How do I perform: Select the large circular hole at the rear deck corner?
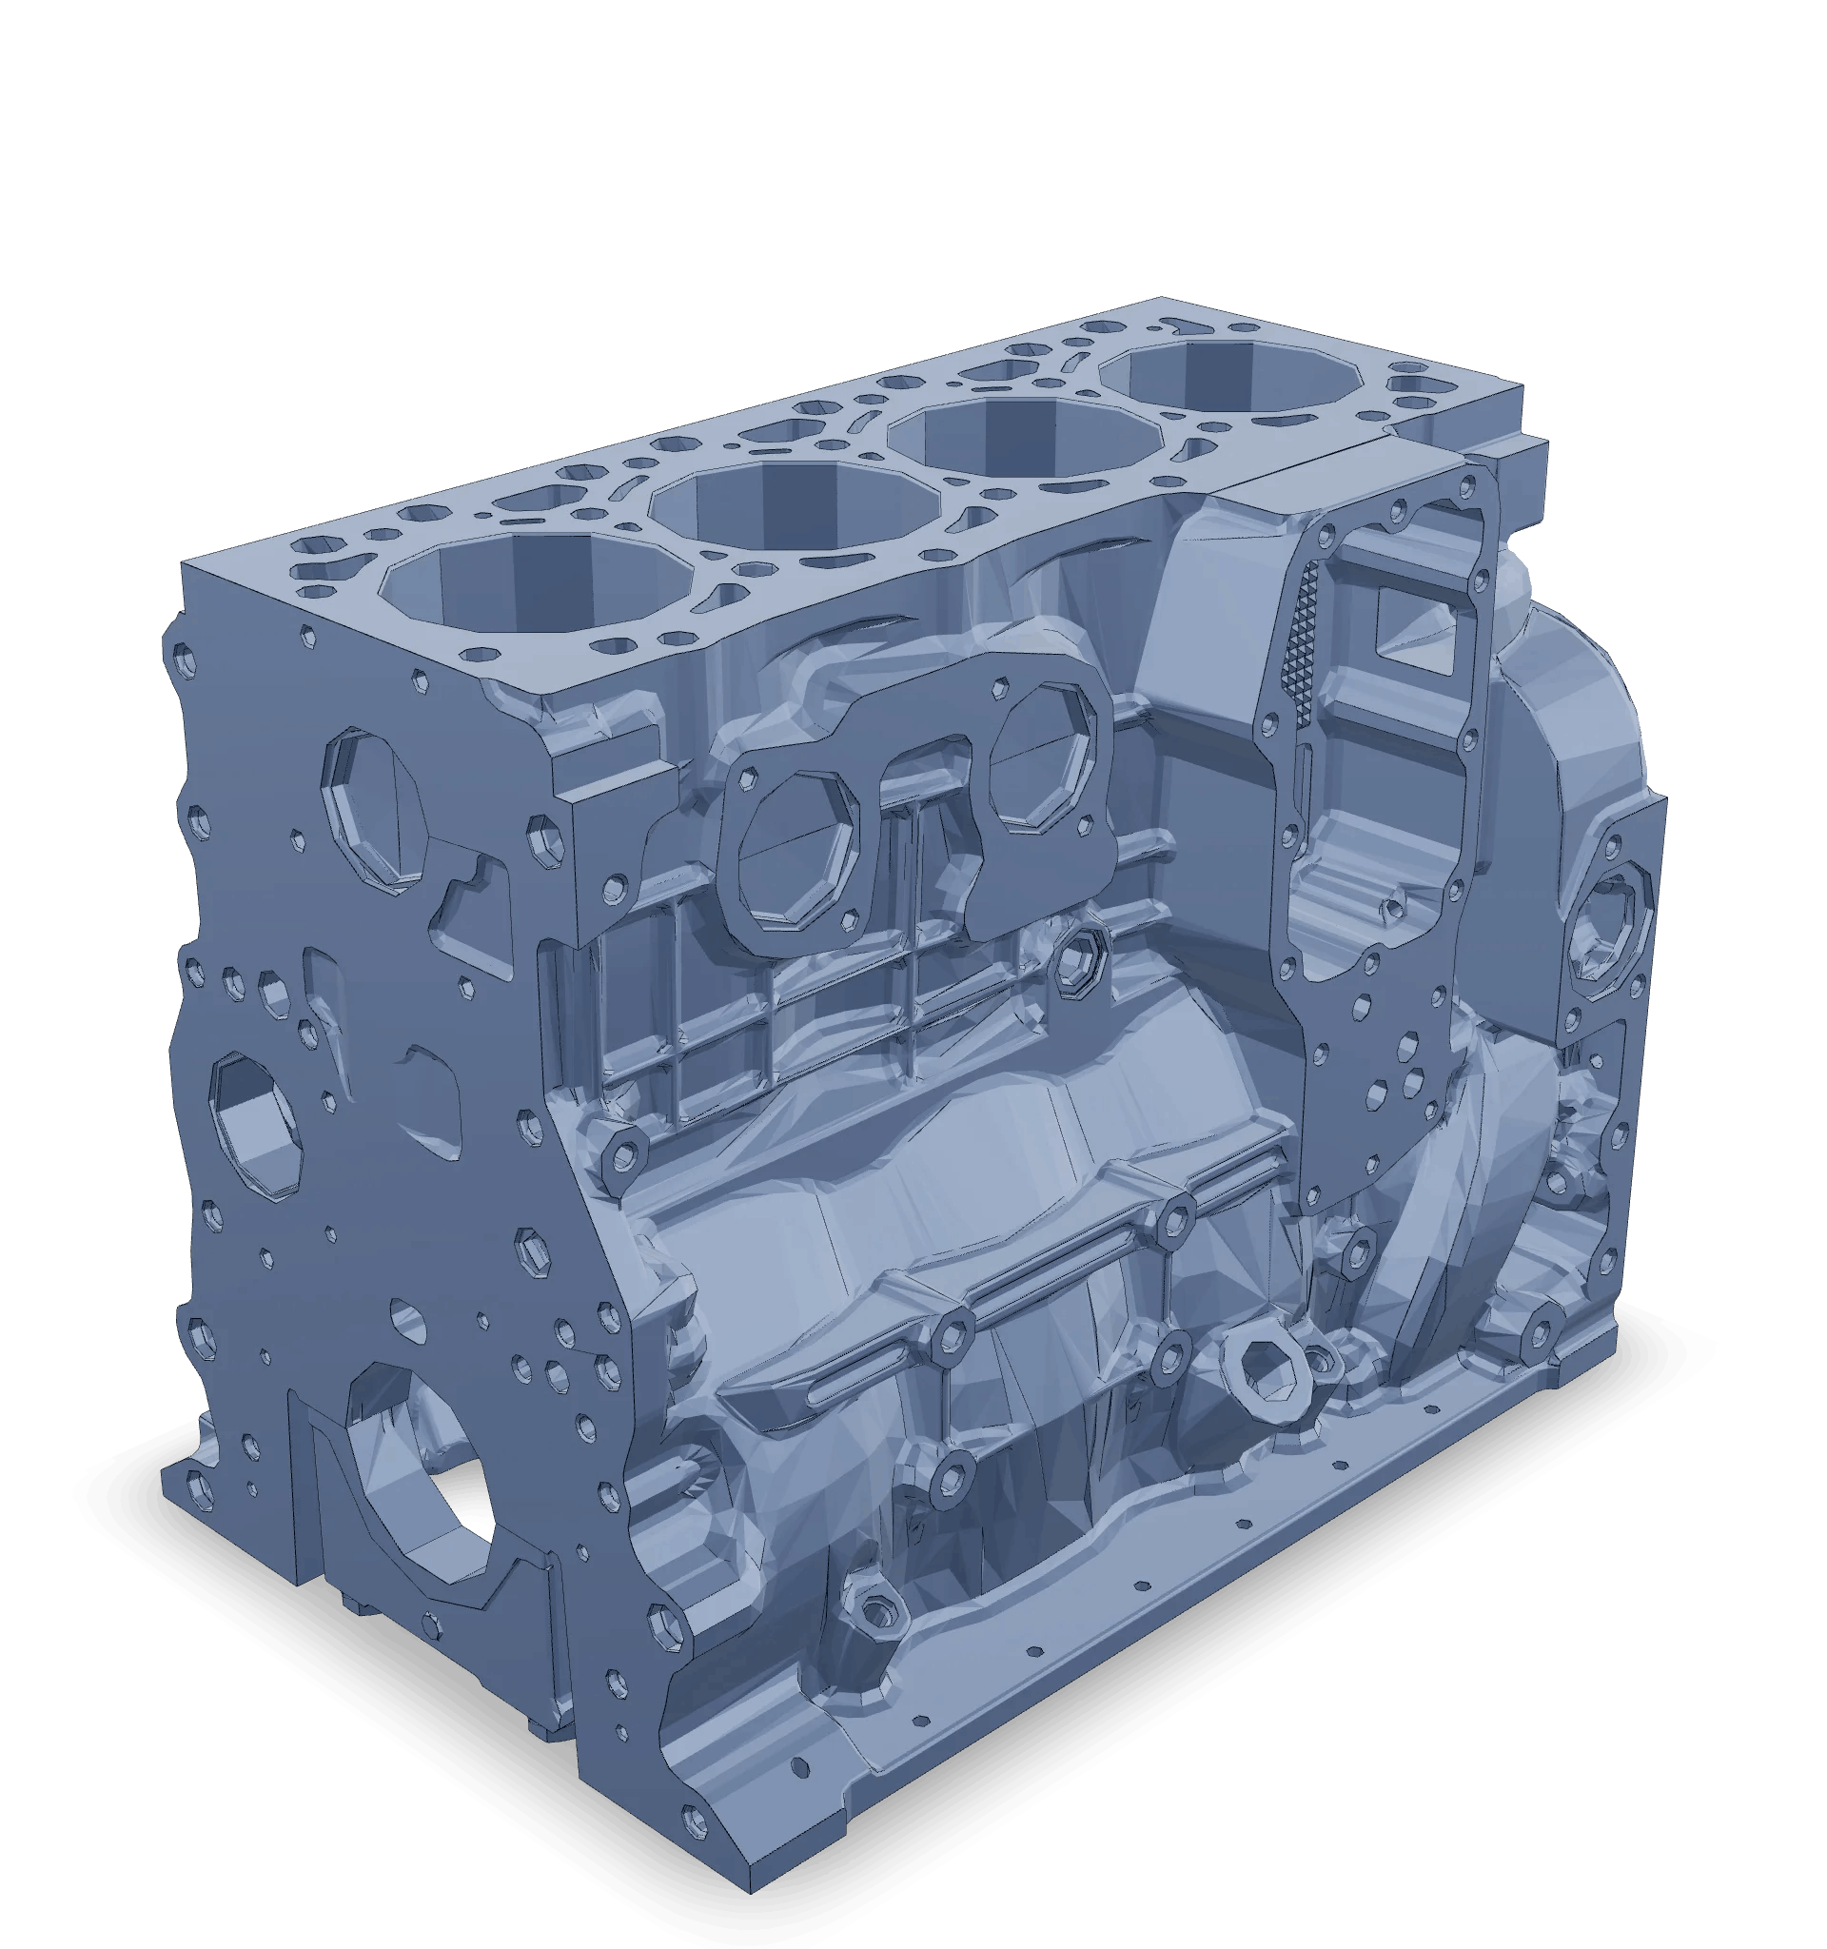pos(1412,387)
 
